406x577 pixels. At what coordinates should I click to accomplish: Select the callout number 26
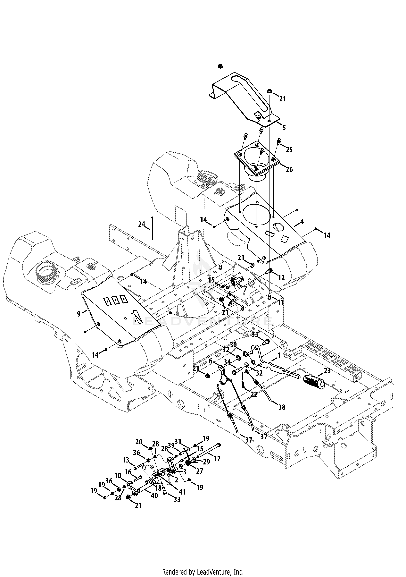(289, 169)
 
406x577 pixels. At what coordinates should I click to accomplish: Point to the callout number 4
(302, 221)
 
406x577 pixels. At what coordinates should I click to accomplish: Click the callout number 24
(142, 224)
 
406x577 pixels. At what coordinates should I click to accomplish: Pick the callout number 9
(79, 314)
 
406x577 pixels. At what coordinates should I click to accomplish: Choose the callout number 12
(281, 277)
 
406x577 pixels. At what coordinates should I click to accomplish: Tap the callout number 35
(255, 335)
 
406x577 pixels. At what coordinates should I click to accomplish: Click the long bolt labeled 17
(209, 451)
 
